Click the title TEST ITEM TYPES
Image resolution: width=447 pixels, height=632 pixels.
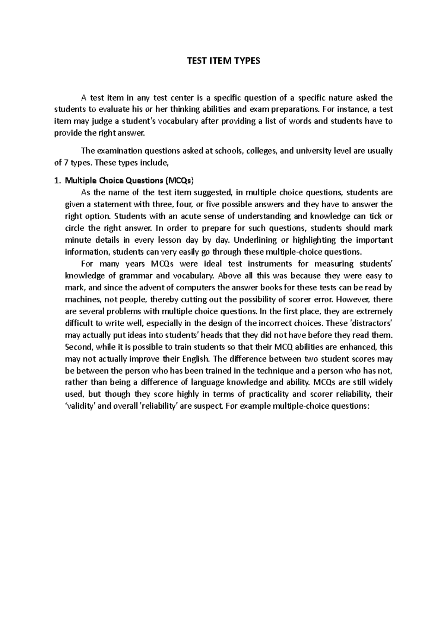coord(223,61)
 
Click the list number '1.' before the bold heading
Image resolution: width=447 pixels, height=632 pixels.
coord(57,181)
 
